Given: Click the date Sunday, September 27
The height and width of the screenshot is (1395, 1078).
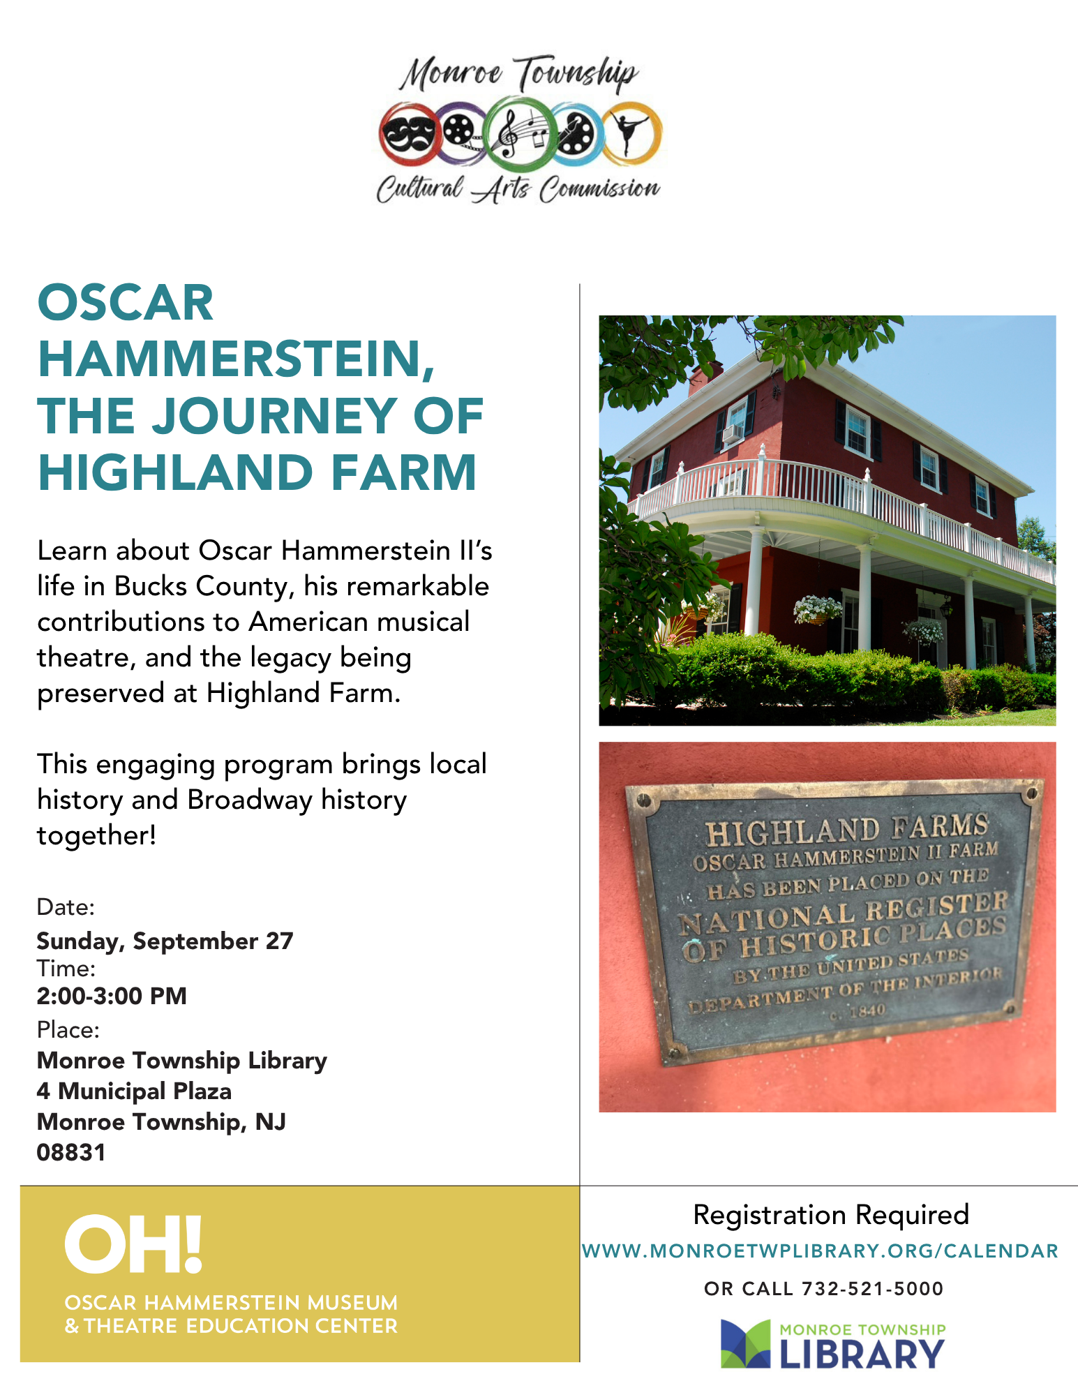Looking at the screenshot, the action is [165, 941].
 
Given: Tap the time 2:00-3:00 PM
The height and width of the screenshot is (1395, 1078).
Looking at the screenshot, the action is [112, 996].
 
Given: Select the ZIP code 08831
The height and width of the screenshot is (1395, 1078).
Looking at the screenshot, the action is [71, 1152].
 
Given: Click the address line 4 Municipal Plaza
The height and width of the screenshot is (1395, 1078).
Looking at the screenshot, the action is [134, 1091].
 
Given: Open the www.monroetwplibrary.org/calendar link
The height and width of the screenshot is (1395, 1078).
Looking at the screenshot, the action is [821, 1251].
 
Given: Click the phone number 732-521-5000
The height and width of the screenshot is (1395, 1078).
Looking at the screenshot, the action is [872, 1289].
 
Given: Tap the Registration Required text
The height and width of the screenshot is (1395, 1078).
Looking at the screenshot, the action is [831, 1215].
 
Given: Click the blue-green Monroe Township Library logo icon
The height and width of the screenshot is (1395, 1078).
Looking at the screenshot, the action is [745, 1343].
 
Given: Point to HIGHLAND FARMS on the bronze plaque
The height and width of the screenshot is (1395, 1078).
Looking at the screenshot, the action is [846, 828].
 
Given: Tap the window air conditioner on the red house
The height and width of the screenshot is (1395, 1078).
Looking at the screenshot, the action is [732, 434].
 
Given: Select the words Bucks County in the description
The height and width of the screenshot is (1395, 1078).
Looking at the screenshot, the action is [200, 587].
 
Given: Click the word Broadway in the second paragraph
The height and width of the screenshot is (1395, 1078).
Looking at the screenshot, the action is [248, 800].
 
